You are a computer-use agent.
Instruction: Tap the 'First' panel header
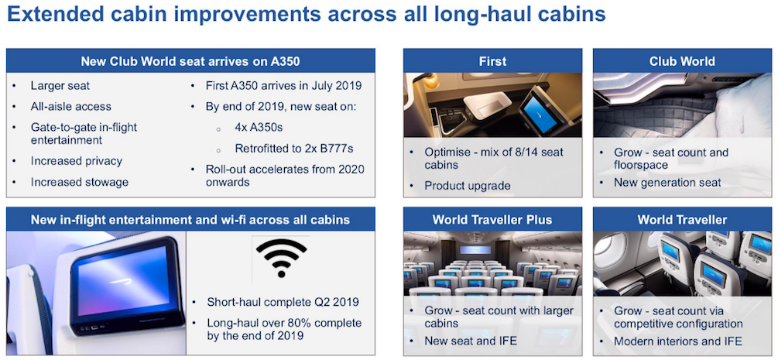[492, 61]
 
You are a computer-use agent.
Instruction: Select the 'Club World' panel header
[682, 61]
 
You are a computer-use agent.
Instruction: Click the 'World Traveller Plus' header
[492, 219]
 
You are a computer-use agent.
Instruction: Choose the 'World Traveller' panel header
[682, 219]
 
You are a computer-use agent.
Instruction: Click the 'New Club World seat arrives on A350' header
[190, 61]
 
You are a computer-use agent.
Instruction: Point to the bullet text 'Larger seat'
[60, 86]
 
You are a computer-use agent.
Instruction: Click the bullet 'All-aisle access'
[71, 106]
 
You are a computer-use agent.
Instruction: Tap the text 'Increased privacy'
[77, 161]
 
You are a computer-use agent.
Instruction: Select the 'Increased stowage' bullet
[80, 182]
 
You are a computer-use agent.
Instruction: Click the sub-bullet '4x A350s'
[259, 127]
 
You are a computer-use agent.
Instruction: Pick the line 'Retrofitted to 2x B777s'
[294, 148]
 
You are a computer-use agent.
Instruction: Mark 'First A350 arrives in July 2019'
[284, 85]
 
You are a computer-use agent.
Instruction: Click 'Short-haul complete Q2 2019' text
[283, 302]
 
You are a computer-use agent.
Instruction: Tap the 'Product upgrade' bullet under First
[468, 186]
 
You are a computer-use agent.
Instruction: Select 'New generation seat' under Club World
[667, 183]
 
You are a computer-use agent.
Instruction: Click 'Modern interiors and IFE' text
[678, 341]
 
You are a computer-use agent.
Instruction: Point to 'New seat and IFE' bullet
[471, 341]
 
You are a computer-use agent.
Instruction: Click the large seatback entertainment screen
[126, 286]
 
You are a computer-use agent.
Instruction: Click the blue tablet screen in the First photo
[540, 112]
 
